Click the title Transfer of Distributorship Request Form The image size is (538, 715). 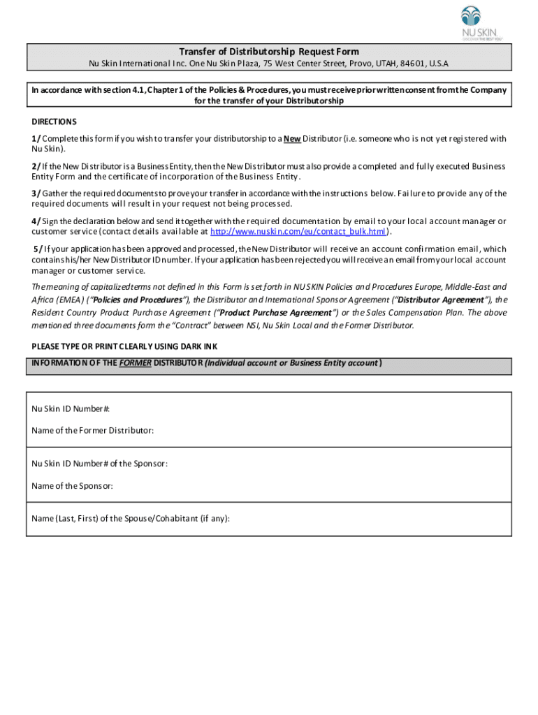point(269,52)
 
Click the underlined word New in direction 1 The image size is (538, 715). point(292,138)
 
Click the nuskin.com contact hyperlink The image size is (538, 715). point(299,231)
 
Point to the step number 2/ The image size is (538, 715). point(36,166)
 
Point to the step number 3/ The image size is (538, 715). point(36,193)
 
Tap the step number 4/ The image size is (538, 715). point(36,221)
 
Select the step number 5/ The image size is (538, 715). point(38,249)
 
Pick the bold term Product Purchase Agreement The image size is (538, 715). point(277,312)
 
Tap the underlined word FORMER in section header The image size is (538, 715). point(136,363)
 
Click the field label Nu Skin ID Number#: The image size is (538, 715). point(71,409)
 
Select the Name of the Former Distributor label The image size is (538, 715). point(93,430)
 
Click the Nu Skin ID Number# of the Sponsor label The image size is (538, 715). point(99,464)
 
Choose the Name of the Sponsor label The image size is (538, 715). point(72,485)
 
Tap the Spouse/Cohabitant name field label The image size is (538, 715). point(131,518)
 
